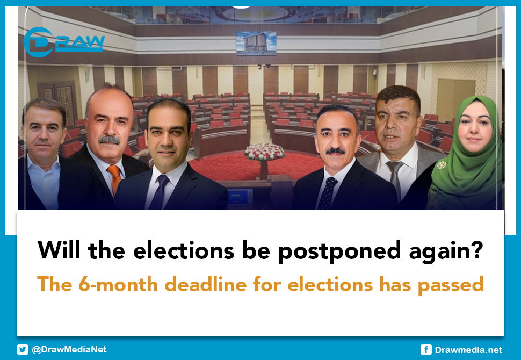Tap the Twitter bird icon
click(23, 349)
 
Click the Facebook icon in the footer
click(426, 350)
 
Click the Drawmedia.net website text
click(468, 350)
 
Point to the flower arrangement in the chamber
click(264, 152)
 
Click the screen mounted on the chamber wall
click(256, 43)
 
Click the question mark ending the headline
click(475, 250)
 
